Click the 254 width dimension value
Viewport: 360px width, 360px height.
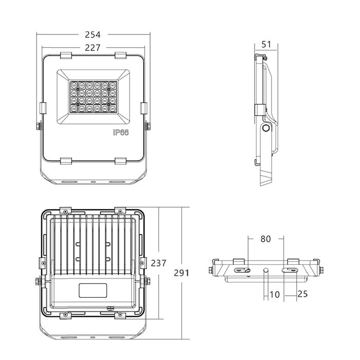click(93, 34)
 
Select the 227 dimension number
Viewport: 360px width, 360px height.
click(93, 48)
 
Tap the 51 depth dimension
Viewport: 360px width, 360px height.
click(266, 44)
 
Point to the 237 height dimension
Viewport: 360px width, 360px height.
click(158, 263)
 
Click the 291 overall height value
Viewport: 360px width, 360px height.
click(182, 273)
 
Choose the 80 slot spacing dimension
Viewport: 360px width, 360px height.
click(266, 239)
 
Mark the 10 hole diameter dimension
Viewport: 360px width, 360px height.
click(275, 295)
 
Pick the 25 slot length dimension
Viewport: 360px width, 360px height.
click(302, 294)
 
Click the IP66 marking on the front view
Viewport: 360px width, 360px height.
click(121, 133)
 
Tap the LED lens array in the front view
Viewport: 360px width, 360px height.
click(93, 97)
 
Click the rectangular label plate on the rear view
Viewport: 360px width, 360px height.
click(93, 291)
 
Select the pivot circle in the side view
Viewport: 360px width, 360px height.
click(266, 128)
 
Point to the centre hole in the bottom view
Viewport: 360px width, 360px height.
click(266, 270)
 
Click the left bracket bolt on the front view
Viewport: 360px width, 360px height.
click(39, 127)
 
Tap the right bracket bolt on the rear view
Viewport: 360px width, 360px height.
click(147, 281)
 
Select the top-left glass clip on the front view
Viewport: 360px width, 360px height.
click(66, 56)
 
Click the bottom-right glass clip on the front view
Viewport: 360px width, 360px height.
click(120, 161)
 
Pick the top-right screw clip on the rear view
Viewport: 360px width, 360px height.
click(120, 211)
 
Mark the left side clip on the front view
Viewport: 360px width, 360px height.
click(43, 108)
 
